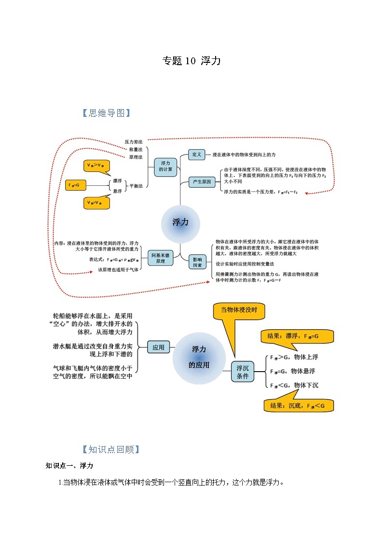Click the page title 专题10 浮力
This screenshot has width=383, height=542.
coord(191,61)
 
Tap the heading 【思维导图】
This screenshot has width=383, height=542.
coord(106,113)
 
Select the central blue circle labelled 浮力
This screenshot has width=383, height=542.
coord(180,222)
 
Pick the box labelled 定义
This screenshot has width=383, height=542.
coord(196,154)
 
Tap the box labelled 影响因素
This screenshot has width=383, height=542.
coord(198,262)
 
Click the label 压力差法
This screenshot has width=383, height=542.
coord(134,142)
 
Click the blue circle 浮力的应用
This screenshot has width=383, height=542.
coord(199,357)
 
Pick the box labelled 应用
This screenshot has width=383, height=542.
coord(158,347)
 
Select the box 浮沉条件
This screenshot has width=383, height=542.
coord(242,372)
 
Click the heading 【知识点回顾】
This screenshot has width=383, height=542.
coord(111,449)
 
